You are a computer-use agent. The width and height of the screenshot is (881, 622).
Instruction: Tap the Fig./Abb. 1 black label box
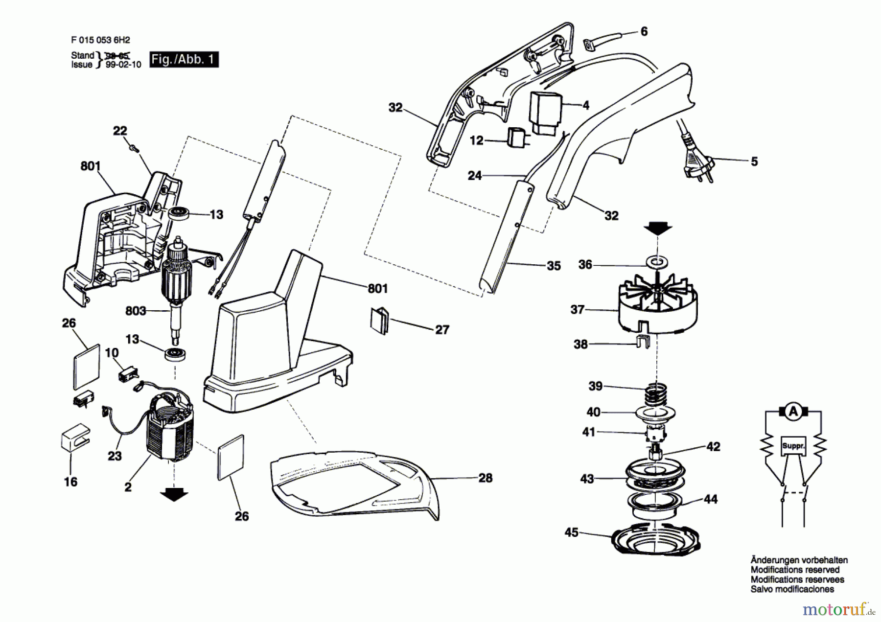[x=184, y=59]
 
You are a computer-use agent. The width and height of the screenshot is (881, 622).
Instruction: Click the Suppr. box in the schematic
[x=793, y=446]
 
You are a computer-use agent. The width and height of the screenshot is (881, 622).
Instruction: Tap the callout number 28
[x=485, y=478]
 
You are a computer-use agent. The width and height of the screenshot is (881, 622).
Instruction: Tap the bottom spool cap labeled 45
[x=656, y=538]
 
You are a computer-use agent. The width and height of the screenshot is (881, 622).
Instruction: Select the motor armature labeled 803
[x=176, y=284]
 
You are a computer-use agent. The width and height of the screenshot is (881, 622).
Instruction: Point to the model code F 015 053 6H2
[x=100, y=40]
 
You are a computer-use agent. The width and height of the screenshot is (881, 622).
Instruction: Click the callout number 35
[x=553, y=266]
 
